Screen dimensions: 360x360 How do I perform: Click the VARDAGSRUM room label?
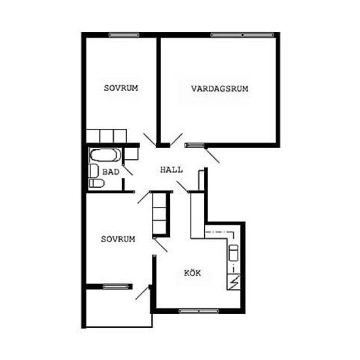click(x=220, y=88)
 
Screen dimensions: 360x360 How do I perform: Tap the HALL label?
click(x=171, y=170)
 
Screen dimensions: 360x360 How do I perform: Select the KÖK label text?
click(x=192, y=273)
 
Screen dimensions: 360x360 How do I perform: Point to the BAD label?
click(x=111, y=171)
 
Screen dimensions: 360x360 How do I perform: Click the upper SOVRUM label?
click(x=121, y=88)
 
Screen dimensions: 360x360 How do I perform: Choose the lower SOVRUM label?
click(x=118, y=239)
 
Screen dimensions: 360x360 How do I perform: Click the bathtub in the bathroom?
click(x=105, y=155)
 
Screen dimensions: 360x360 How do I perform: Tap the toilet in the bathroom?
click(x=97, y=183)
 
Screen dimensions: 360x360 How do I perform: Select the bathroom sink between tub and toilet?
click(x=93, y=170)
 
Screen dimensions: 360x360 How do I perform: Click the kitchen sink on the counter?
click(x=234, y=253)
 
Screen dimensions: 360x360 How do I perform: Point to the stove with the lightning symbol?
click(x=234, y=282)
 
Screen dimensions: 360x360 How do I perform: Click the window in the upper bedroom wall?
click(x=124, y=35)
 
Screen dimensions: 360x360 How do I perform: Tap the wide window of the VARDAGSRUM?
click(x=242, y=35)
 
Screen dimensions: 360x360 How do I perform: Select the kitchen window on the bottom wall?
click(x=199, y=312)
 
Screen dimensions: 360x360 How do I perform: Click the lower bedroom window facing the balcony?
click(x=115, y=287)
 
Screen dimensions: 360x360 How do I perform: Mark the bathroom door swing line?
click(x=128, y=170)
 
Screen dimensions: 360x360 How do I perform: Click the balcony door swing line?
click(x=142, y=293)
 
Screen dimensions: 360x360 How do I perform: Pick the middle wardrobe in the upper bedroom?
click(x=107, y=135)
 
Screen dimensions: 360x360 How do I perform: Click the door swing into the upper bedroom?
click(x=150, y=139)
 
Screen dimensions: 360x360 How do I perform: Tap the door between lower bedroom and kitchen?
click(x=161, y=245)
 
